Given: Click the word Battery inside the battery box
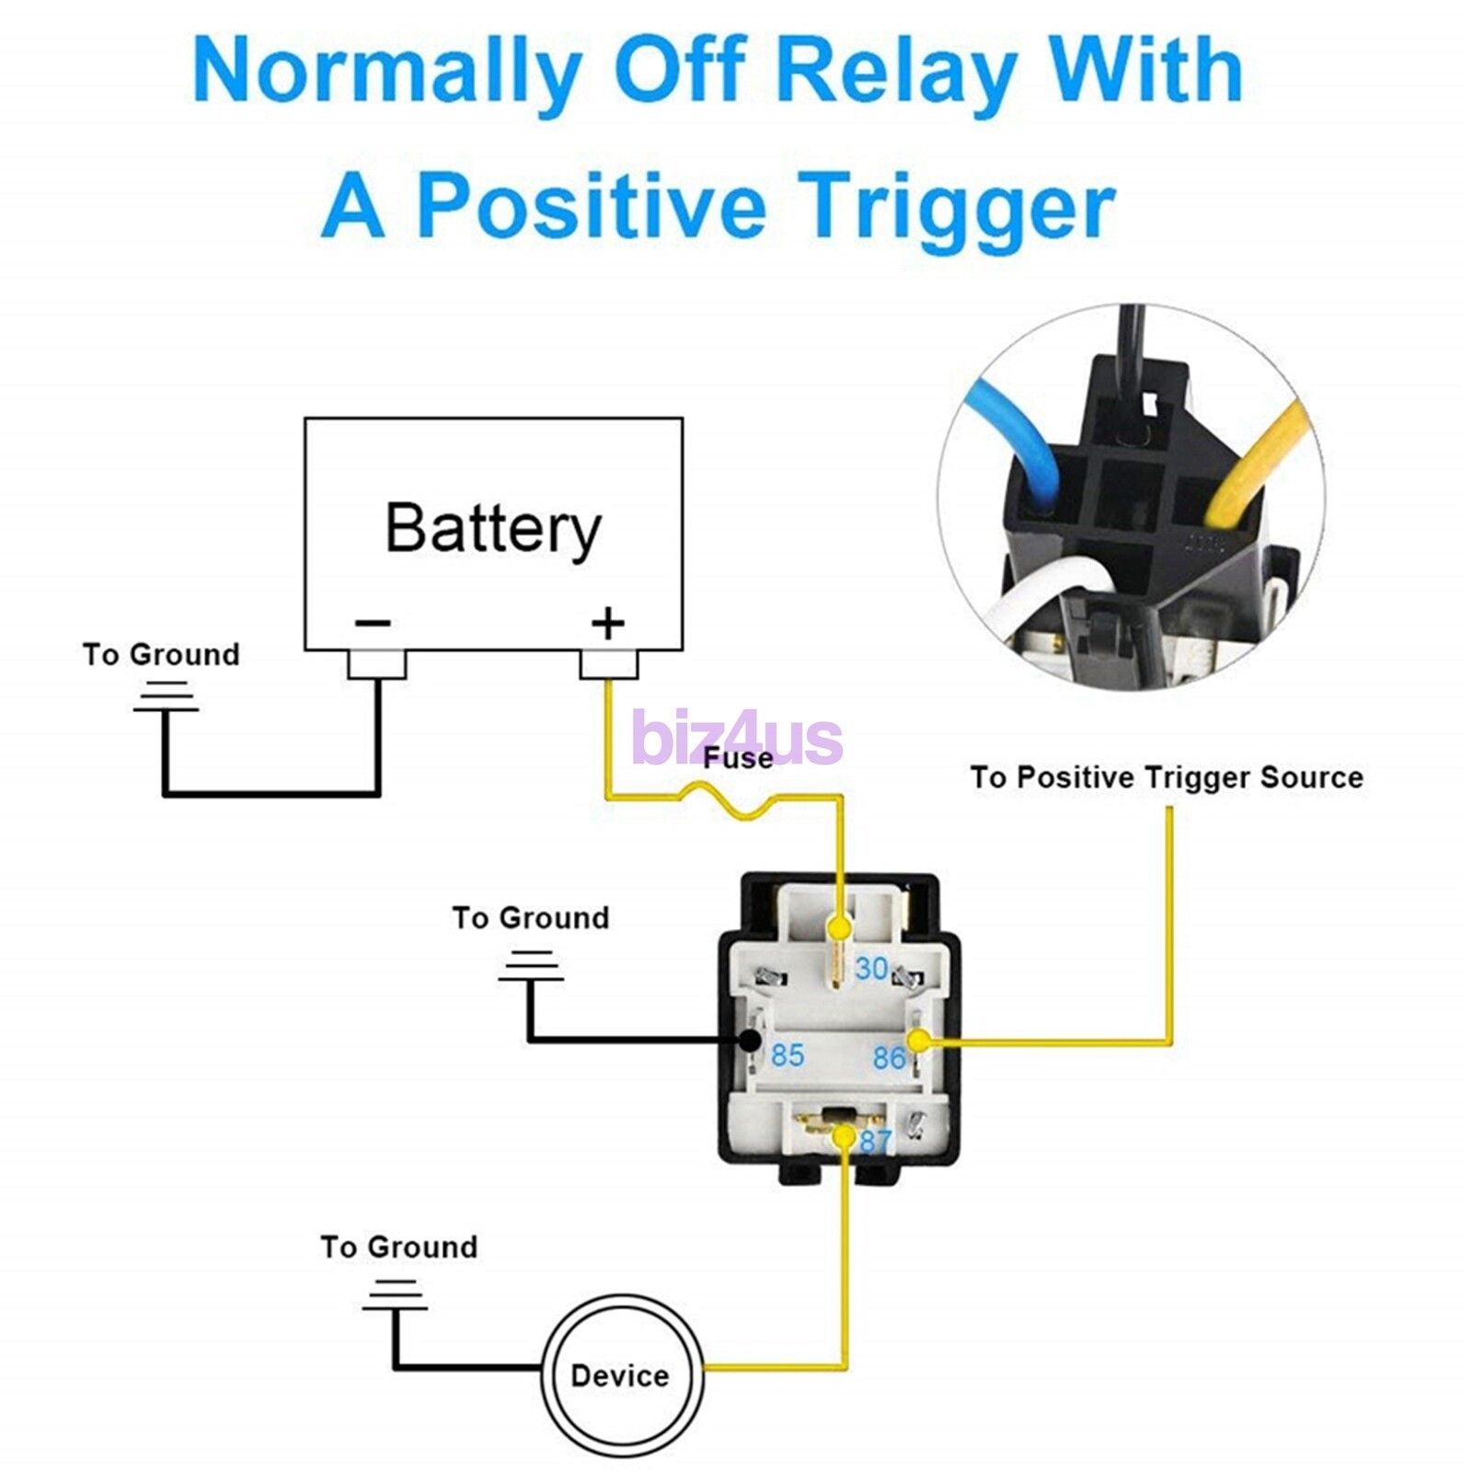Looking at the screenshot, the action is pyautogui.click(x=493, y=530).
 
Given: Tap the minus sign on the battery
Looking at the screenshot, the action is pyautogui.click(x=373, y=624).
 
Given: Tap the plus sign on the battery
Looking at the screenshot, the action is pyautogui.click(x=608, y=623).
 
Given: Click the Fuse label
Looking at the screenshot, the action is pyautogui.click(x=738, y=758).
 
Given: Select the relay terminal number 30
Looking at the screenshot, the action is pyautogui.click(x=871, y=968).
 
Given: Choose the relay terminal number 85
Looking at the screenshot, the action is pyautogui.click(x=788, y=1054).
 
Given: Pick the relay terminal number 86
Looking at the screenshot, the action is pyautogui.click(x=889, y=1058).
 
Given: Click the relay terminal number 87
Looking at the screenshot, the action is pyautogui.click(x=876, y=1143).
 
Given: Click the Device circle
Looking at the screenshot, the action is pyautogui.click(x=622, y=1374).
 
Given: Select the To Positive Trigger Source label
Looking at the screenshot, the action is pyautogui.click(x=1167, y=777).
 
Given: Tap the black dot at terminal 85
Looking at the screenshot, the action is pyautogui.click(x=751, y=1041).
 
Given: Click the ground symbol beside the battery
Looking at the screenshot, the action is pyautogui.click(x=166, y=696).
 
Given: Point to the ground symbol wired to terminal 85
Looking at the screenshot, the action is pyautogui.click(x=531, y=966).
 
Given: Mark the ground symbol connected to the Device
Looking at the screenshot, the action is pyautogui.click(x=395, y=1294).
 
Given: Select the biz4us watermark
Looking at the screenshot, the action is pyautogui.click(x=737, y=738).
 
